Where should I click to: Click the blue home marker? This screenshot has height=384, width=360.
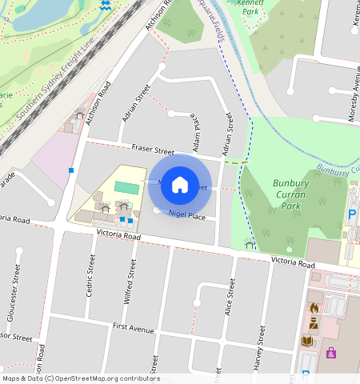[x=180, y=185]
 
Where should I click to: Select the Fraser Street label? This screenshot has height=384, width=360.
[x=152, y=150]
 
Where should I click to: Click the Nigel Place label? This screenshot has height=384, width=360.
[x=187, y=216]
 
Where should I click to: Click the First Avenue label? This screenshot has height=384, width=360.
[x=133, y=329]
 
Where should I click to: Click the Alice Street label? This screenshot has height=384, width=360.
[x=231, y=298]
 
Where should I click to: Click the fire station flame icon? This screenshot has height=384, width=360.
[x=314, y=306]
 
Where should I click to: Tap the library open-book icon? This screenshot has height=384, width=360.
[x=307, y=341]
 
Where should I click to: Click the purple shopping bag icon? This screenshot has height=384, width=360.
[x=330, y=352]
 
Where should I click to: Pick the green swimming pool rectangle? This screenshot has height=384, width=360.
[x=126, y=186]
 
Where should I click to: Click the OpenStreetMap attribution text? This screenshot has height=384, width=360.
[x=80, y=378]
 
